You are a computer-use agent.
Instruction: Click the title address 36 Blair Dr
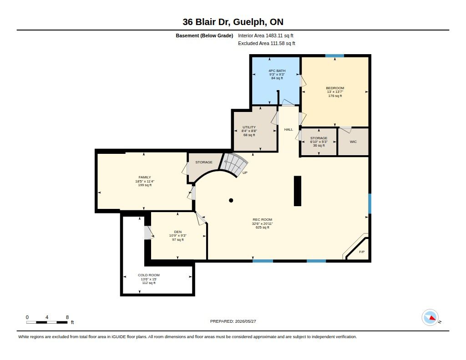[207, 22]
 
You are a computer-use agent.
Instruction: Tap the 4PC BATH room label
[277, 71]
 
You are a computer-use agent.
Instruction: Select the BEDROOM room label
[335, 88]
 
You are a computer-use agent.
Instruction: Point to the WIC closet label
[353, 142]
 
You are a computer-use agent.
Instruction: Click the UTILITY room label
[249, 127]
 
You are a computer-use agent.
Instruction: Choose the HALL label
[288, 129]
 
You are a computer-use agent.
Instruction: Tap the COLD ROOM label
[149, 275]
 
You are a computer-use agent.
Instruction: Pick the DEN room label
[178, 232]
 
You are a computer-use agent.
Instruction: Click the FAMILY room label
[145, 177]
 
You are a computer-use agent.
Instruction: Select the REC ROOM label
[263, 220]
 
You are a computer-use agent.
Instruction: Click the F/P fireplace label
[362, 252]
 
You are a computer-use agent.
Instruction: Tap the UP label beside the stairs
[245, 172]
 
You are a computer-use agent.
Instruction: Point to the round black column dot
[231, 200]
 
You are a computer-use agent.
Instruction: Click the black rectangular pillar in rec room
[298, 191]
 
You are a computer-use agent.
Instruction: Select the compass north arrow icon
[431, 318]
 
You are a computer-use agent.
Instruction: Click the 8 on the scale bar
[67, 317]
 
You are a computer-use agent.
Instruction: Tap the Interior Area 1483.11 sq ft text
[266, 35]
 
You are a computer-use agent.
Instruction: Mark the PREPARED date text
[233, 321]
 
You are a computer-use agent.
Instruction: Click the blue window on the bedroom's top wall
[334, 56]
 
